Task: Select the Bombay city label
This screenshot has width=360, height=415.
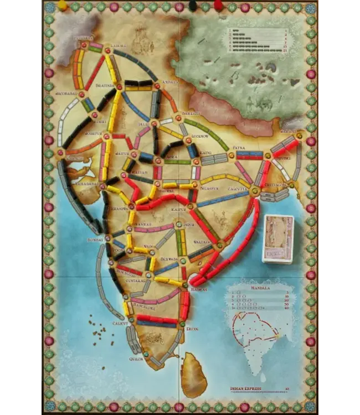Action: click(95, 240)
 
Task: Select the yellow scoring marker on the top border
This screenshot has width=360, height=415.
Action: click(62, 6)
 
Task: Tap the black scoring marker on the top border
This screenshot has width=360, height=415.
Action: click(192, 6)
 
